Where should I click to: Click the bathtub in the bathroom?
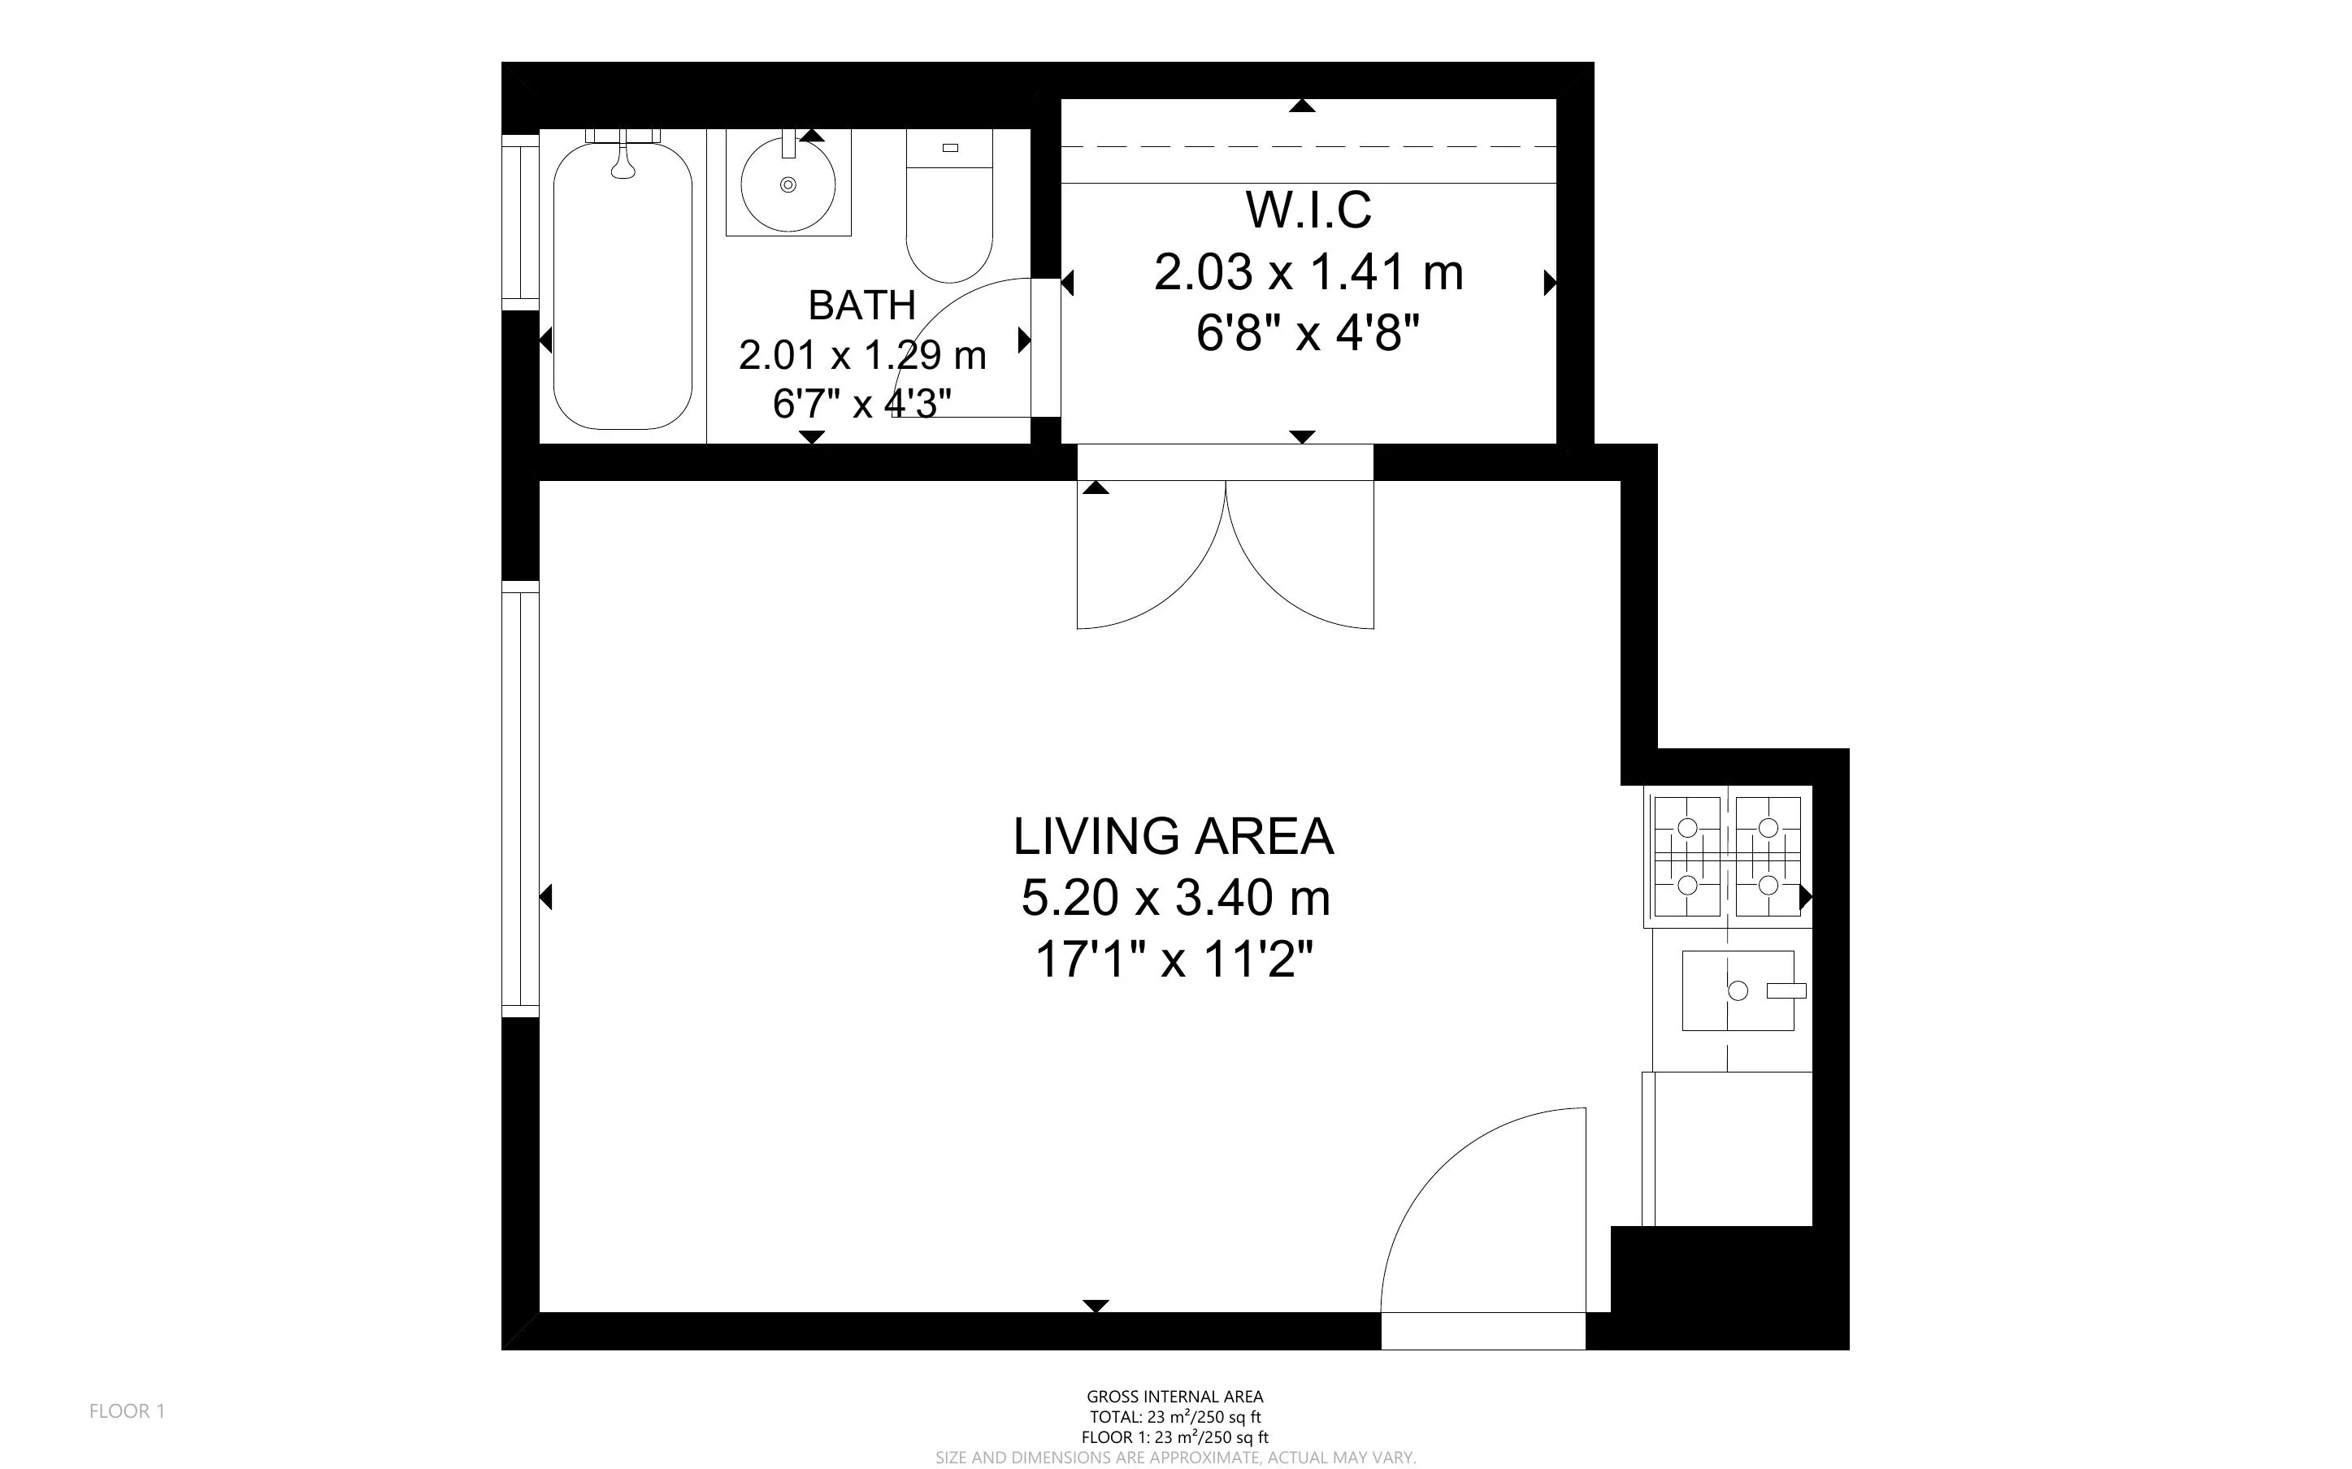[623, 286]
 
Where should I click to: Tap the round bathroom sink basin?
[788, 184]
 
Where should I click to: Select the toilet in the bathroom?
[949, 206]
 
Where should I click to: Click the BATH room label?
[861, 305]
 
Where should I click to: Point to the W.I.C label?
[1308, 210]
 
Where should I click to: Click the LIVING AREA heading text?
[1174, 837]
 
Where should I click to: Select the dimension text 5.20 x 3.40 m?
[1175, 898]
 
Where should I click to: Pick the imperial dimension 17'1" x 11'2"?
[1174, 960]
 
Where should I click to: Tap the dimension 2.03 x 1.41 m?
[1308, 272]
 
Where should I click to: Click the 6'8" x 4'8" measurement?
[1308, 334]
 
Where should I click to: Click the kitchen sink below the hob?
[1738, 990]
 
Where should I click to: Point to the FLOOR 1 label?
[128, 1410]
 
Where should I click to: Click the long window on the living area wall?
[521, 799]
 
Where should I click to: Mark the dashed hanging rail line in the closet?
[1308, 147]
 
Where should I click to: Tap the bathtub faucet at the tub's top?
[623, 160]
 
